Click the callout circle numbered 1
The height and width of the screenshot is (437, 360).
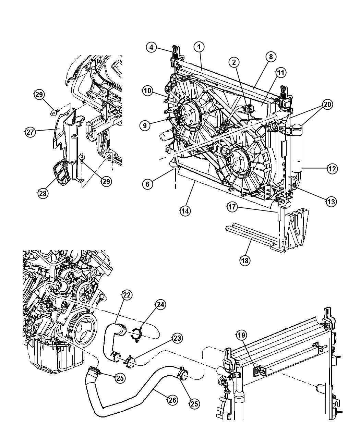pyautogui.click(x=199, y=47)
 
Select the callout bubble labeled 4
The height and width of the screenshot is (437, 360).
pyautogui.click(x=152, y=47)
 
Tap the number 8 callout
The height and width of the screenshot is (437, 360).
pyautogui.click(x=271, y=57)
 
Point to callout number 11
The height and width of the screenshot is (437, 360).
pyautogui.click(x=280, y=72)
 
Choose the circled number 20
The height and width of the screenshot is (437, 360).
pyautogui.click(x=327, y=105)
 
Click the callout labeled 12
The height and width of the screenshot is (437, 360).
pyautogui.click(x=332, y=169)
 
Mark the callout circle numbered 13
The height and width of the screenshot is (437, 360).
pyautogui.click(x=331, y=202)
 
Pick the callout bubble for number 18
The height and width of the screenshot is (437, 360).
pyautogui.click(x=244, y=261)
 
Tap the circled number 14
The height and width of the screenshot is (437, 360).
pyautogui.click(x=185, y=211)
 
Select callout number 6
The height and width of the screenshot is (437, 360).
pyautogui.click(x=147, y=184)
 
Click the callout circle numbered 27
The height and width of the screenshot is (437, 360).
pyautogui.click(x=31, y=132)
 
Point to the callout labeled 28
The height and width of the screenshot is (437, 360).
pyautogui.click(x=43, y=193)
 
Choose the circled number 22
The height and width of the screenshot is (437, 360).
pyautogui.click(x=127, y=295)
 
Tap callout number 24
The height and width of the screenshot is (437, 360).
pyautogui.click(x=160, y=304)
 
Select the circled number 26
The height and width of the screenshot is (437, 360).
pyautogui.click(x=172, y=399)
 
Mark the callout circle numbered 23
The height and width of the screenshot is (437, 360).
pyautogui.click(x=177, y=338)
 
